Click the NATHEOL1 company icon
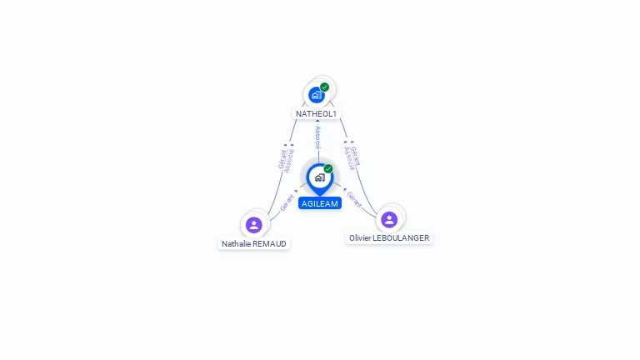316,95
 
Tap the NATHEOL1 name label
317,113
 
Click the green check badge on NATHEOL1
324,87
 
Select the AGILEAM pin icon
319,177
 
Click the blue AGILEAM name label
320,203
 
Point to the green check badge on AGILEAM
328,168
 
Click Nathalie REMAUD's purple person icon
254,224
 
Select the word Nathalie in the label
236,244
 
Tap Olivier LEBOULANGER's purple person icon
388,219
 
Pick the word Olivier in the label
361,238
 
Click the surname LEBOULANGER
402,238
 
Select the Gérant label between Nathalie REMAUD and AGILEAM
287,201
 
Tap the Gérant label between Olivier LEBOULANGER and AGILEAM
354,198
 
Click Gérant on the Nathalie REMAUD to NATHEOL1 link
282,158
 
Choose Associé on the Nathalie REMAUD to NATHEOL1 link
289,161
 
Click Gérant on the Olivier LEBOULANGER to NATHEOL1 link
356,156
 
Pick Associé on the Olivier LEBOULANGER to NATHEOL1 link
349,158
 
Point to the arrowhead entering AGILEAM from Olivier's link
344,189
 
